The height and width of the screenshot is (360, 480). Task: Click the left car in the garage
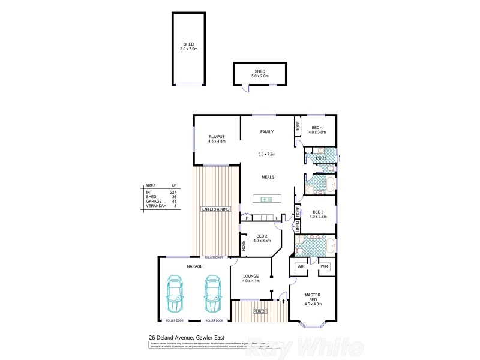(x=175, y=294)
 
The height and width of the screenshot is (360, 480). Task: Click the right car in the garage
(x=212, y=294)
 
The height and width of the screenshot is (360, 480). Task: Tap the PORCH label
(x=260, y=311)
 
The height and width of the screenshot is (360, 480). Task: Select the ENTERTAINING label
(x=215, y=209)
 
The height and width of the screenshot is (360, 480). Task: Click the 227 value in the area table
(x=174, y=191)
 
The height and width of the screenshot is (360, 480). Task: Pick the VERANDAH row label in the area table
(x=155, y=206)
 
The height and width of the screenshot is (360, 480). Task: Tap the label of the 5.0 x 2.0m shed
(x=260, y=74)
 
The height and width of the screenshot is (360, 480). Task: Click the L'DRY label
(x=321, y=158)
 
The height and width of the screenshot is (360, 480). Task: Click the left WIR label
(x=300, y=266)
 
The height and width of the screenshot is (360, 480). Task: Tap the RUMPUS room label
(x=216, y=139)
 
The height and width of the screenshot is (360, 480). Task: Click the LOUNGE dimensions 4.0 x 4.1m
(x=250, y=281)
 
